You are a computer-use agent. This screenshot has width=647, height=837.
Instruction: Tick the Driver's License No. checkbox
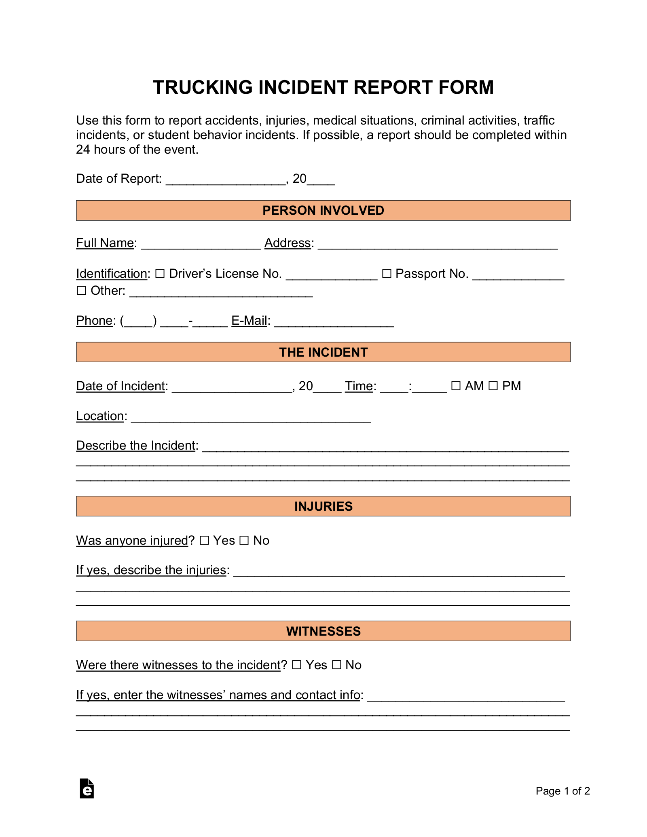point(160,274)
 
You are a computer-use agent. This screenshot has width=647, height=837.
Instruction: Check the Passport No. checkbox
point(387,274)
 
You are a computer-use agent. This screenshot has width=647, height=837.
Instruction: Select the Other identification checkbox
point(81,291)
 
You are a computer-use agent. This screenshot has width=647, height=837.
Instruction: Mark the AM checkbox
point(456,386)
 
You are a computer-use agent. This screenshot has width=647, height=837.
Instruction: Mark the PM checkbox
point(493,386)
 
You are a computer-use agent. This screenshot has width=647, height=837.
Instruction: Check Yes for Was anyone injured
point(204,541)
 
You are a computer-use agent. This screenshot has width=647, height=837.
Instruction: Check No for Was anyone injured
point(244,541)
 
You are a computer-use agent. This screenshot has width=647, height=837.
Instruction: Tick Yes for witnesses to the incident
point(296,665)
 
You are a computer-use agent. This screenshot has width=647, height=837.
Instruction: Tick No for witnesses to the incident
point(336,665)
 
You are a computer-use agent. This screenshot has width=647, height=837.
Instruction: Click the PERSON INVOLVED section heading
point(323,211)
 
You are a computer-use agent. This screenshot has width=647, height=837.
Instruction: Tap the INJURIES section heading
point(323,506)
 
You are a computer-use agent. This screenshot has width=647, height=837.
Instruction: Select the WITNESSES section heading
point(323,631)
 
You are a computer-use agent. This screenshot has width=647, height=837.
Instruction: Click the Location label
point(100,416)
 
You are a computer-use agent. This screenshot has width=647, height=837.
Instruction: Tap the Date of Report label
point(118,179)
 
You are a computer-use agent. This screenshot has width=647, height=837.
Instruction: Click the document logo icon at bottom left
point(87,788)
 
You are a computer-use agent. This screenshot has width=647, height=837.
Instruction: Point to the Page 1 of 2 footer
point(562,791)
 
